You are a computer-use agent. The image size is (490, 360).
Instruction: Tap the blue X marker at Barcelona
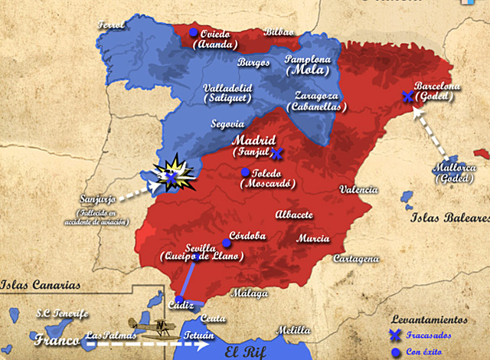click(407, 97)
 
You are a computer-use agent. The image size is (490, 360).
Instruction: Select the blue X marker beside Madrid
click(277, 152)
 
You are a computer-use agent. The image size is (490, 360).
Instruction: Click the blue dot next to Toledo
click(244, 172)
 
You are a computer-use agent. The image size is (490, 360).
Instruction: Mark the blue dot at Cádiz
click(178, 300)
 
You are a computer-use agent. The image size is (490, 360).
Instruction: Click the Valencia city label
click(359, 189)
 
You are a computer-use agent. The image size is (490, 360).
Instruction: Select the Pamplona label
click(308, 59)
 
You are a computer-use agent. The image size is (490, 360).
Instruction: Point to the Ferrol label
click(111, 25)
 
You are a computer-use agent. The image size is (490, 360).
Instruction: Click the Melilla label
click(294, 330)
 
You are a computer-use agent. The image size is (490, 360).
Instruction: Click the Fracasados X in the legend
click(395, 335)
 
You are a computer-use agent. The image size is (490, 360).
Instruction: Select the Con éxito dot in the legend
click(395, 352)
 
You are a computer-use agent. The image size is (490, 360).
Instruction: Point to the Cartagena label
click(355, 259)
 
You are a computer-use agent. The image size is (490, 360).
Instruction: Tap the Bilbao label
click(278, 32)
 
